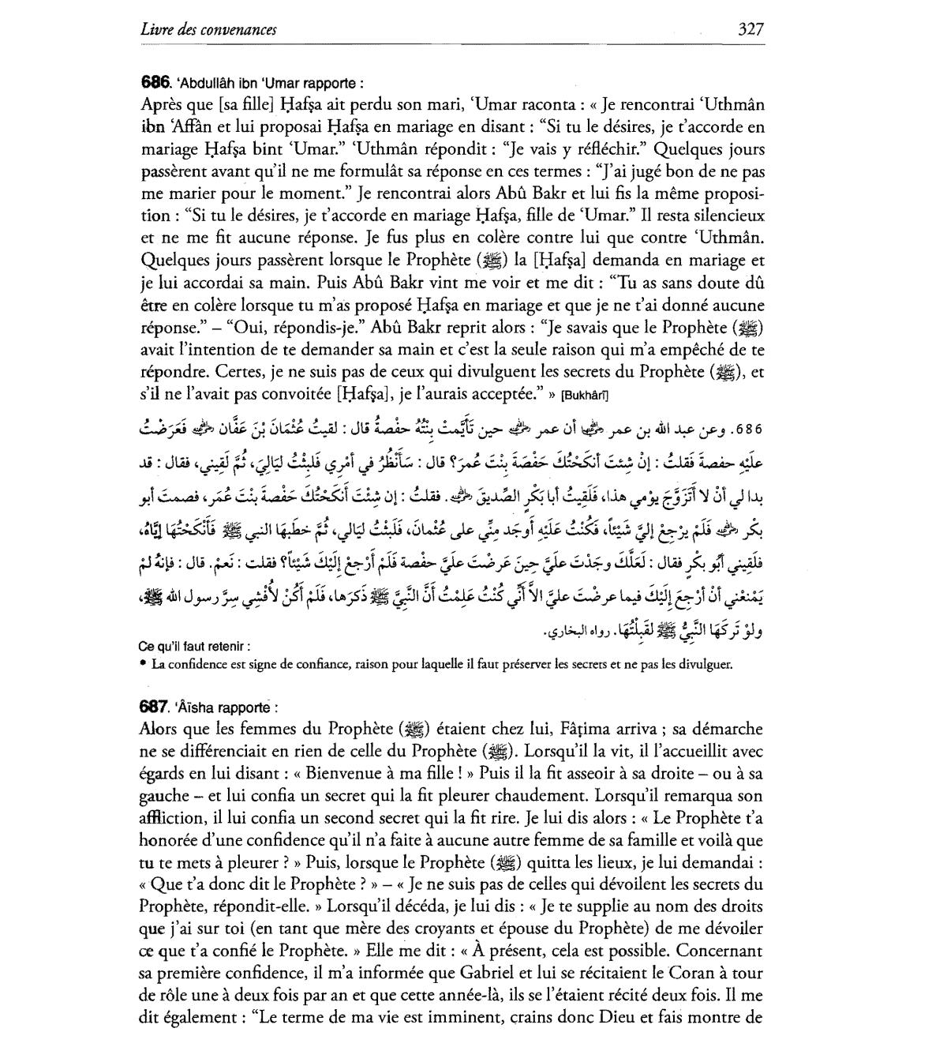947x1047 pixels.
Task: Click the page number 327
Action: point(750,30)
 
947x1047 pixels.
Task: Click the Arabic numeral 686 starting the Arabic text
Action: point(746,431)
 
